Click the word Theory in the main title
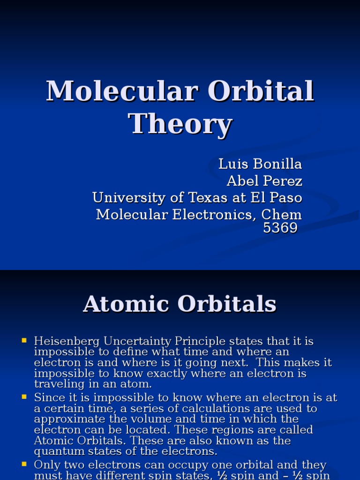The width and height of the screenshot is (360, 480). pyautogui.click(x=180, y=124)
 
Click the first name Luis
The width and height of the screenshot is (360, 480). pyautogui.click(x=230, y=164)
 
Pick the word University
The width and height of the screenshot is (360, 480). pyautogui.click(x=129, y=197)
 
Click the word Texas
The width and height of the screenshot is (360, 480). pyautogui.click(x=210, y=197)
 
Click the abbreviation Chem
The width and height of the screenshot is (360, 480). pyautogui.click(x=281, y=214)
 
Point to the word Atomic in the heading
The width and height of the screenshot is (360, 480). pyautogui.click(x=126, y=304)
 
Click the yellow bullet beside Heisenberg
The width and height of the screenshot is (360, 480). pyautogui.click(x=24, y=341)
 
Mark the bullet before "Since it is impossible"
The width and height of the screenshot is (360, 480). pyautogui.click(x=24, y=397)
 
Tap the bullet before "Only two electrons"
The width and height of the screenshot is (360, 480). pyautogui.click(x=24, y=465)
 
